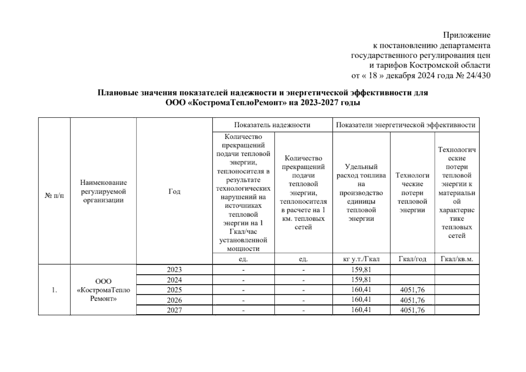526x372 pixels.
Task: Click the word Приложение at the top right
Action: coord(466,35)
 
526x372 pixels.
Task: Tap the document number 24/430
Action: coord(478,75)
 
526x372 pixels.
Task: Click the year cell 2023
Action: coord(174,270)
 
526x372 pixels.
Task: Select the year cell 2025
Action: coord(174,290)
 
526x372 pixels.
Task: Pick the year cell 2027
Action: coord(174,310)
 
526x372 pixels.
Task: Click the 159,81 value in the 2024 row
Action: coord(361,280)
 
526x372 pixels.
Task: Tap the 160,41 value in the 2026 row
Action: coord(361,300)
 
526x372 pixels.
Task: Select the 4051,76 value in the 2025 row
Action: coord(412,290)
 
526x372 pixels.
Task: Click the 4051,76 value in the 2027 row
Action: coord(412,310)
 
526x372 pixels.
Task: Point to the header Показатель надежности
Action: coord(272,125)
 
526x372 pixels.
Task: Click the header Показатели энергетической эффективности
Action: coord(406,125)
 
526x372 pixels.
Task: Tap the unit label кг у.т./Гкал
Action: coord(361,259)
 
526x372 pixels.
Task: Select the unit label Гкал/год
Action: coord(412,259)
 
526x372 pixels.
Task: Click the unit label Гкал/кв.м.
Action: coord(457,259)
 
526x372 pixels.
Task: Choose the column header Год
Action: coord(174,192)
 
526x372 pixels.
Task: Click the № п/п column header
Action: coord(55,196)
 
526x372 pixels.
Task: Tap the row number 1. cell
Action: coord(55,290)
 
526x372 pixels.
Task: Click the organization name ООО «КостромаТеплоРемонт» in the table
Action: coord(103,290)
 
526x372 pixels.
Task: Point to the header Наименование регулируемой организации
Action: coord(103,191)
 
